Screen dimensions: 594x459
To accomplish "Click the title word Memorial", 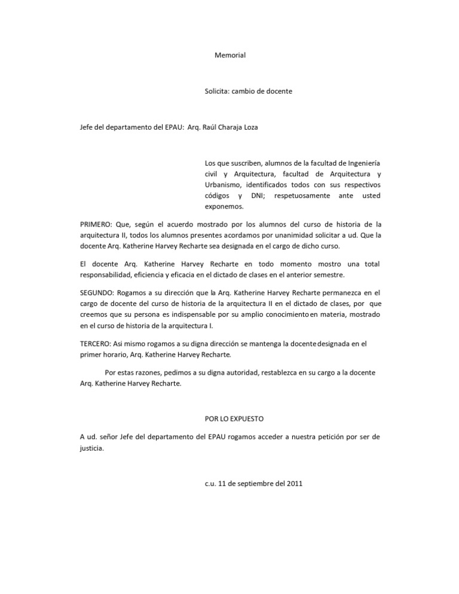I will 230,56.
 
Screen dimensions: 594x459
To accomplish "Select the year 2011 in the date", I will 294,484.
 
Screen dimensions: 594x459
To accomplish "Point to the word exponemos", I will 224,207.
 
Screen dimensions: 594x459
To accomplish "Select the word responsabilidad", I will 108,275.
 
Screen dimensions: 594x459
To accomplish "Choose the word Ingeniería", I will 360,163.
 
